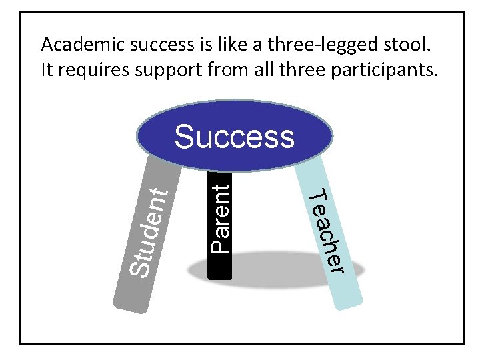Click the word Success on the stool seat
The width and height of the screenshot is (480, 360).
[234, 137]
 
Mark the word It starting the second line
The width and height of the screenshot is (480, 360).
[47, 69]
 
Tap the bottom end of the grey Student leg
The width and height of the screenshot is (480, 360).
[132, 306]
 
